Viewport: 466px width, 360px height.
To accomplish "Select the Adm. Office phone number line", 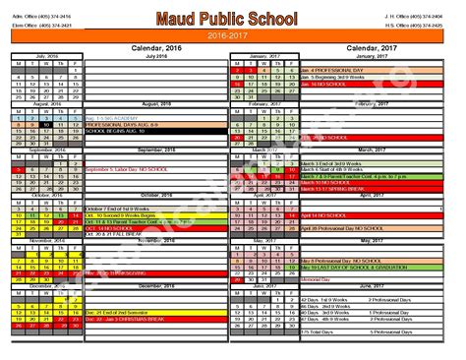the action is tap(42, 16).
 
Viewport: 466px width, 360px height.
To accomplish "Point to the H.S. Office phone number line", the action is tap(424, 24).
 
